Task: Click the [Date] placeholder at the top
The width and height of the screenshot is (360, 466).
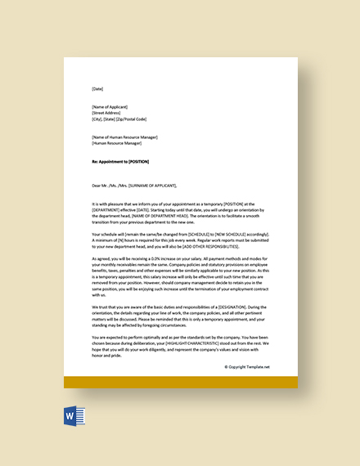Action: tap(98, 89)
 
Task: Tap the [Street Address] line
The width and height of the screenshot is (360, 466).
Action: tap(108, 113)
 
